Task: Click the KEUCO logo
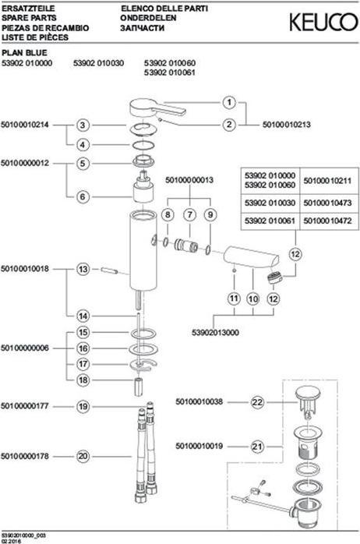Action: coord(323,22)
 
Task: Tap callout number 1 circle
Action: coord(229,103)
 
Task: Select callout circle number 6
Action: coord(83,196)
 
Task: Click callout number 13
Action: coord(83,269)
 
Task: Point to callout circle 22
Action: coord(257,402)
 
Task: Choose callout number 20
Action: coord(83,456)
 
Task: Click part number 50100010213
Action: coord(287,125)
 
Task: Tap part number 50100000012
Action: coord(25,163)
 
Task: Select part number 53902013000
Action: coord(215,332)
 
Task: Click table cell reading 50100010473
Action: coord(327,203)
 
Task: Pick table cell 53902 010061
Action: coord(270,221)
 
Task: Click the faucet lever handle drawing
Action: coord(157,108)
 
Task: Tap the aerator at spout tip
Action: coord(275,277)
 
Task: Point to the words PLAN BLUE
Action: coord(24,53)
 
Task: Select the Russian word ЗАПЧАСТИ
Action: coord(142,28)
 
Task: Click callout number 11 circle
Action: coord(234,298)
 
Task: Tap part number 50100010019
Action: coord(199,446)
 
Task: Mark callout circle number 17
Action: coord(83,364)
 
